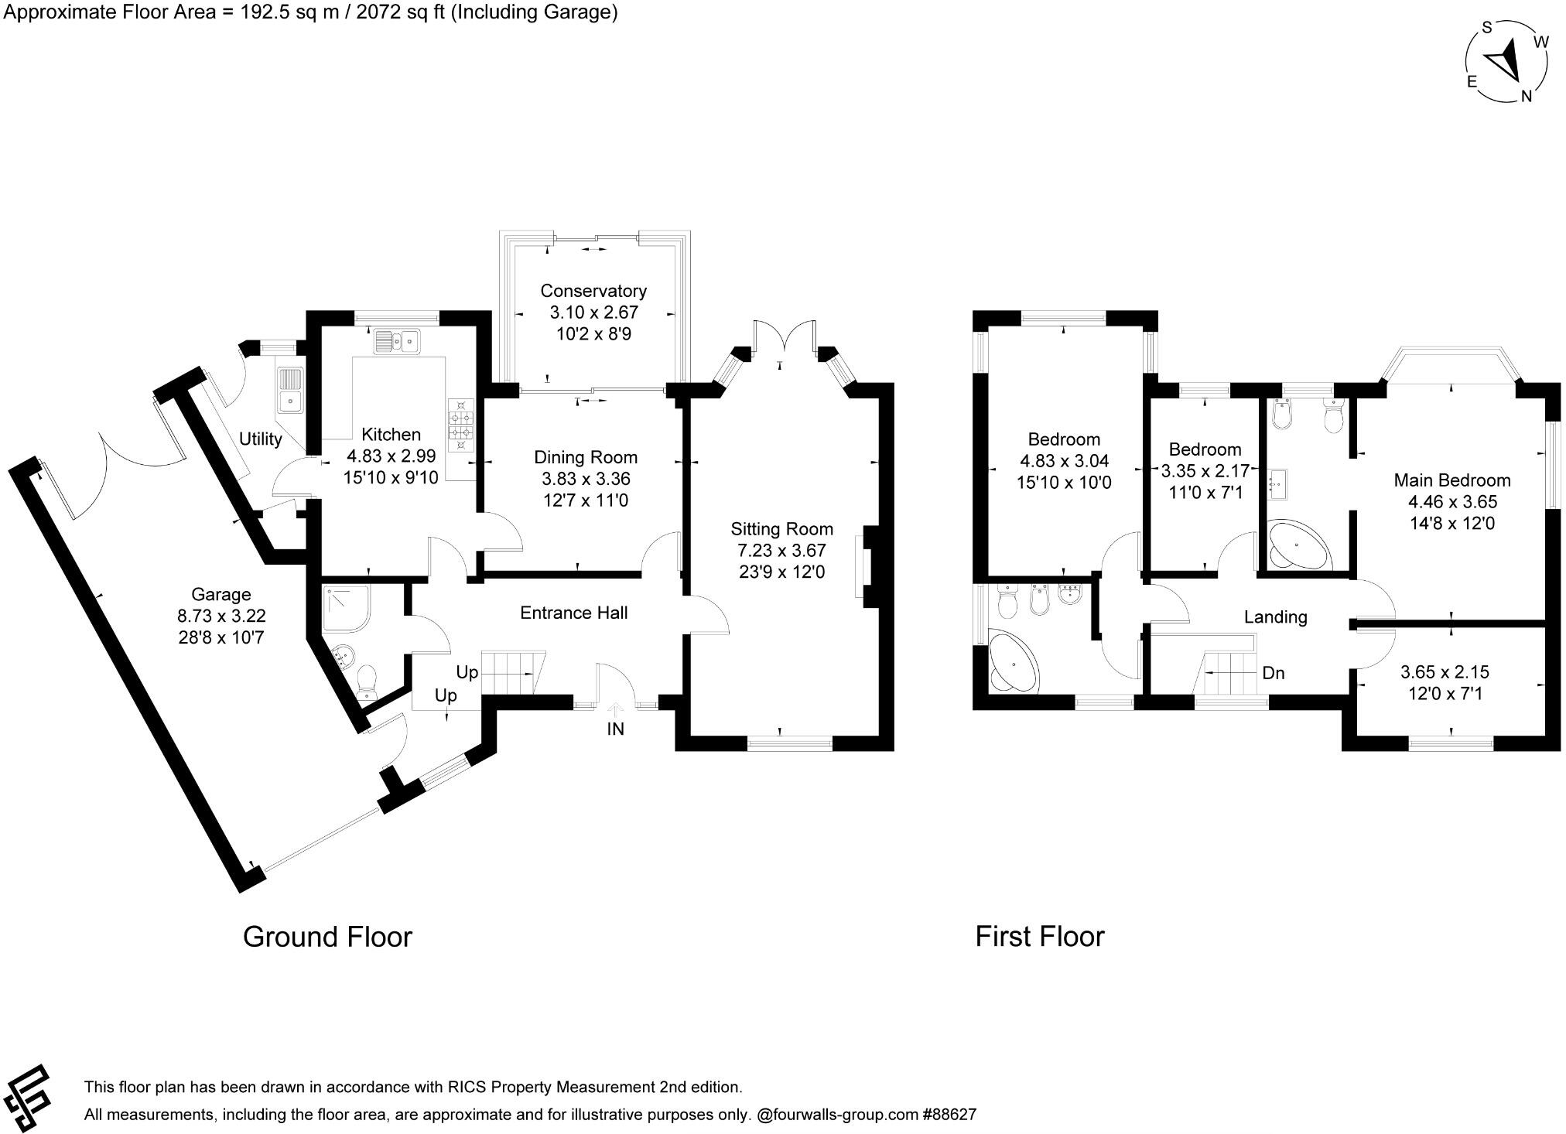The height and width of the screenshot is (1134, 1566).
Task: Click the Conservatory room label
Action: click(x=593, y=292)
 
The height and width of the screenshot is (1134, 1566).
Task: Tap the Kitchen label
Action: click(x=391, y=435)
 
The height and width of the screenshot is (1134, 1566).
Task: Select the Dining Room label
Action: click(x=586, y=457)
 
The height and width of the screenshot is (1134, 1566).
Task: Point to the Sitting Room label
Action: click(x=781, y=529)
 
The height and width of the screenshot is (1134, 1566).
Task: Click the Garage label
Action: click(x=221, y=595)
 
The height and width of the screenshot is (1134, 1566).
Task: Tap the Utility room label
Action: click(x=260, y=439)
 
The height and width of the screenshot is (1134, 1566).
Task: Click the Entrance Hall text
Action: click(x=573, y=613)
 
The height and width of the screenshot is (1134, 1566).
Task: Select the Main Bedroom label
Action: click(x=1451, y=480)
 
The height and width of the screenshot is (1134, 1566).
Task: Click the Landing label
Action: click(x=1275, y=617)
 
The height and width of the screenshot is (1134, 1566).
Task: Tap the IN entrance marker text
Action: click(x=615, y=729)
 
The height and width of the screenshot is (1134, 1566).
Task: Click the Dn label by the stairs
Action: click(x=1273, y=673)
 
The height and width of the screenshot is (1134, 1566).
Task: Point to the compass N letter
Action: click(x=1527, y=96)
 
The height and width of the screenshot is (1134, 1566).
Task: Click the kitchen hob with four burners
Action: click(x=461, y=424)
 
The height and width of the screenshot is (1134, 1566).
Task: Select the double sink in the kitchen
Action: click(x=396, y=340)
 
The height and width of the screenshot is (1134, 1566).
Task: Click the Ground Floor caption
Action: click(x=327, y=937)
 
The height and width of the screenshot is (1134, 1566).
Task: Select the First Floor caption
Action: click(x=1039, y=937)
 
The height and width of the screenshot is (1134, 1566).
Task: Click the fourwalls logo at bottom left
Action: click(x=28, y=1098)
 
